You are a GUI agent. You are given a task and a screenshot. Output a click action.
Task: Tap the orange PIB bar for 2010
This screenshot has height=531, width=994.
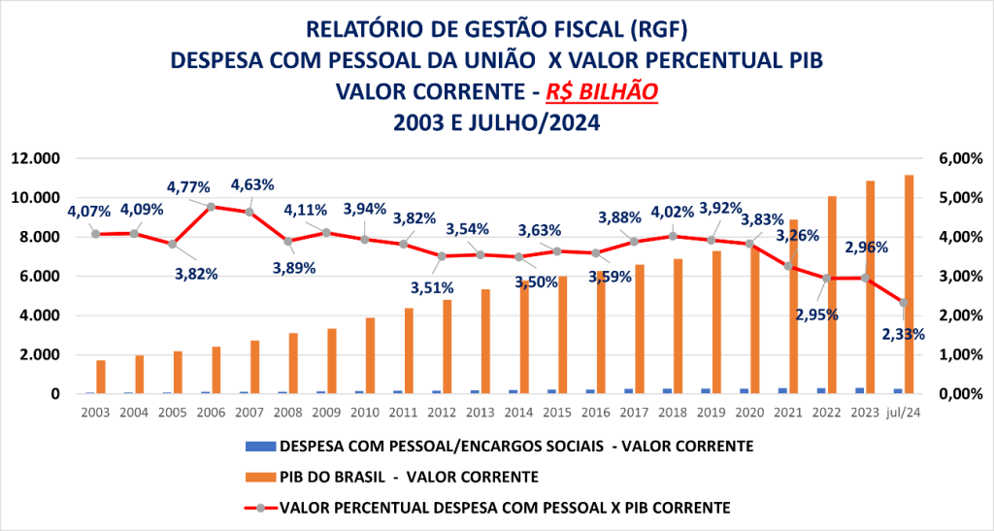click(x=371, y=355)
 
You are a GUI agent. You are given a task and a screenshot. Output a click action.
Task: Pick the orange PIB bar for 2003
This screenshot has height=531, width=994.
click(x=101, y=377)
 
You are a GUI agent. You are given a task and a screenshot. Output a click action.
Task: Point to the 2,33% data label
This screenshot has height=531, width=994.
click(x=904, y=333)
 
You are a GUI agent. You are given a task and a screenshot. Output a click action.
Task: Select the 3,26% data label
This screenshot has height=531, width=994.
click(x=797, y=235)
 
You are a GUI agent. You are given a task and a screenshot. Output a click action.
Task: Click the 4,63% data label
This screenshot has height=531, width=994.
click(x=252, y=184)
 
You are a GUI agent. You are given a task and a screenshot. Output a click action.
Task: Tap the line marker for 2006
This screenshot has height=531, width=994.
click(x=211, y=207)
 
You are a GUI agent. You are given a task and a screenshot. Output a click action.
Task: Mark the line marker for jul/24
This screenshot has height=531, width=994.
click(x=904, y=303)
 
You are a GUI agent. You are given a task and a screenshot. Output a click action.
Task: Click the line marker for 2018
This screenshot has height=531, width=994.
click(x=673, y=236)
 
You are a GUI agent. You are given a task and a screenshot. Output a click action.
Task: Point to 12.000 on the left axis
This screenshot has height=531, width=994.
click(x=38, y=158)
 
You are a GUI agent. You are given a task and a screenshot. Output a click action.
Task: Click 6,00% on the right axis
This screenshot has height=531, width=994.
click(x=956, y=158)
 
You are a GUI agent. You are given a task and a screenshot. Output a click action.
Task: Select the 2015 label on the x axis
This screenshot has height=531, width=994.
click(x=557, y=411)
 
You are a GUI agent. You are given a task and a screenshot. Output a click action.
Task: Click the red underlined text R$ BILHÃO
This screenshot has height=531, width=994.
click(x=602, y=91)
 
